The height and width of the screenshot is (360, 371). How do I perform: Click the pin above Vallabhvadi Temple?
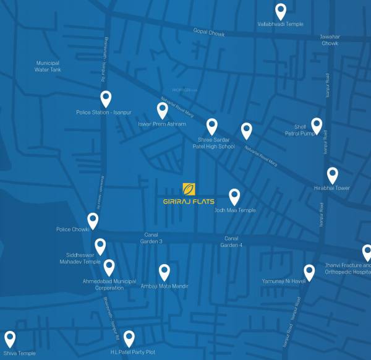pos(280,11)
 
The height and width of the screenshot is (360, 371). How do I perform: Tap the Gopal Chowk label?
pos(208,33)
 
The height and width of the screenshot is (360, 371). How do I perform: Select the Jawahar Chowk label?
pos(330,40)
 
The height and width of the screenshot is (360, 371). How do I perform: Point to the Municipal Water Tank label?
pos(47,66)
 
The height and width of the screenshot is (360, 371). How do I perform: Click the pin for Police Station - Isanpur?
pos(106,98)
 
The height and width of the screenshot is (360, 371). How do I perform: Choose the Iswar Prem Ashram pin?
pos(162,110)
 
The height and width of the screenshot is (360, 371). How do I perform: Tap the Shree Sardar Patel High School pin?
pos(211,126)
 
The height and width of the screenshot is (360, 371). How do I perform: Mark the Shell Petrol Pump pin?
pos(317,126)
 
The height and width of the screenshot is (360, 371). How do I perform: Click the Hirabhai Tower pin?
pos(332,175)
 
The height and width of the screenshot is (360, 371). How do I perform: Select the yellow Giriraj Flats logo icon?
pos(189,189)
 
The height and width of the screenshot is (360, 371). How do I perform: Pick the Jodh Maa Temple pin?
pos(234,196)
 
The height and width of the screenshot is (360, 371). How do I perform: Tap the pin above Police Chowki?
pos(93,220)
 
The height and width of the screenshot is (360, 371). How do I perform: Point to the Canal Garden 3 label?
pos(152,238)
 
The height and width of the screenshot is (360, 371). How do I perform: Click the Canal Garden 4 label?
pos(231,242)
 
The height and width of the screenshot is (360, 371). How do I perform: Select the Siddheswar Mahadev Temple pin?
pos(100,246)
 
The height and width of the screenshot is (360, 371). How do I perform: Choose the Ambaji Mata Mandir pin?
pos(164,272)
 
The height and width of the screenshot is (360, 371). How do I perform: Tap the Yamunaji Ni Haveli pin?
pos(309,272)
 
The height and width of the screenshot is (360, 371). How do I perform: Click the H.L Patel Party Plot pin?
pos(129,338)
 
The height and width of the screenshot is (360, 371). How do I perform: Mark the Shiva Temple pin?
pos(9,338)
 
